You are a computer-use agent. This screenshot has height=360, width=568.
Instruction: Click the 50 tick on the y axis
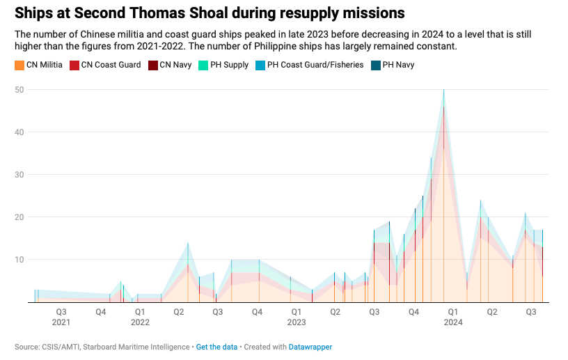click(20, 90)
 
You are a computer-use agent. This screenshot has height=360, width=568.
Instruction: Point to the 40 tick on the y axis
click(20, 132)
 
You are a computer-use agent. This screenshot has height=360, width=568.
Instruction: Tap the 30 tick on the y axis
click(20, 175)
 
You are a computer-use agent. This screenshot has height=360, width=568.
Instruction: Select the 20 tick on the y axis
click(20, 217)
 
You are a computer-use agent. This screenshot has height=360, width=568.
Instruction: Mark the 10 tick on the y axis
click(20, 260)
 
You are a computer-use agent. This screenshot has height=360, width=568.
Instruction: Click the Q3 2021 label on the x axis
click(61, 317)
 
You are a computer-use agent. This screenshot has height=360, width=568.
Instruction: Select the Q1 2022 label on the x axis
click(140, 317)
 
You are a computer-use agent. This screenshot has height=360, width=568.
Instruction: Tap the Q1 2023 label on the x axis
click(297, 317)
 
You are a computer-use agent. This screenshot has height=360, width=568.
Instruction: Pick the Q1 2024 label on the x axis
click(453, 317)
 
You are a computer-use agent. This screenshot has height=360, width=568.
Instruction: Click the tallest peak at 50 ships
click(444, 91)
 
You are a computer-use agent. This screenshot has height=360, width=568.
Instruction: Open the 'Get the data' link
click(216, 347)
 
